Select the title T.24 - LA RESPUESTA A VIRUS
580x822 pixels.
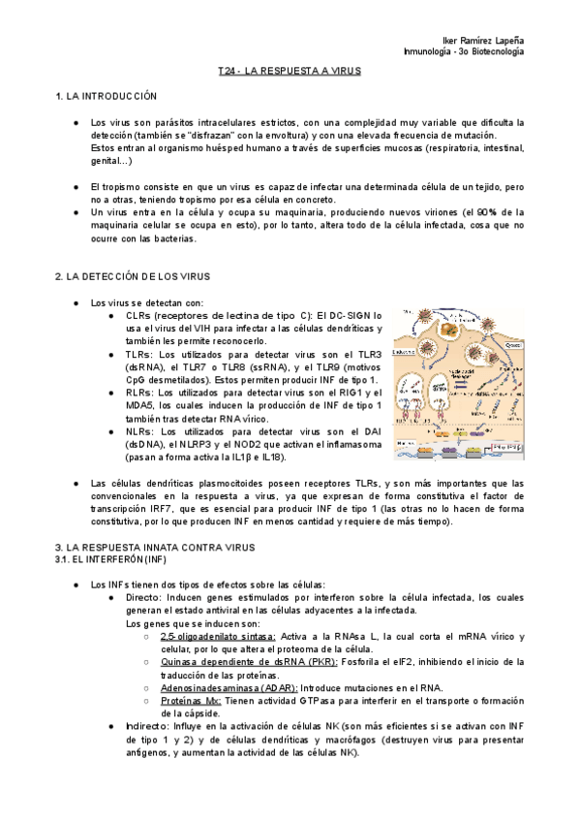[x=290, y=73]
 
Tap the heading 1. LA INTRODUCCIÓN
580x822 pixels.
[x=107, y=98]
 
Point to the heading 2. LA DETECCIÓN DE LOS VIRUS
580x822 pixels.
[x=133, y=276]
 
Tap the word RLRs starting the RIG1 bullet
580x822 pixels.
[x=139, y=393]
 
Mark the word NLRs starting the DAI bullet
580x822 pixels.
[x=139, y=430]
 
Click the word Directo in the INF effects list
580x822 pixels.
[x=132, y=598]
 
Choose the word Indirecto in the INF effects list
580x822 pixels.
[x=135, y=725]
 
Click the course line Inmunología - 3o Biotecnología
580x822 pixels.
[x=463, y=50]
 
